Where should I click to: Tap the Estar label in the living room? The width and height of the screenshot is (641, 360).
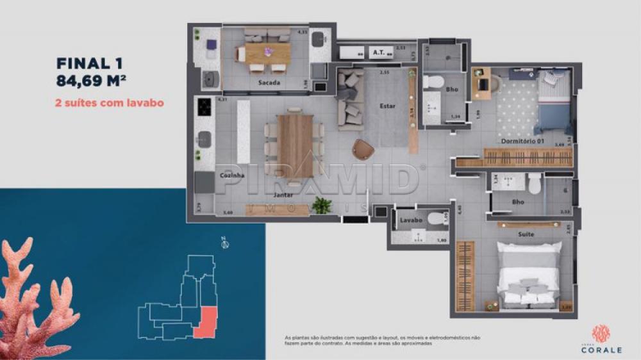tap(387, 106)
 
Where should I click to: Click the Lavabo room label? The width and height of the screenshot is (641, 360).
tap(411, 220)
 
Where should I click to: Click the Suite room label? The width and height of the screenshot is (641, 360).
tap(526, 234)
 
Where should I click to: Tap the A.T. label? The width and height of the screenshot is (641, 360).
tap(378, 53)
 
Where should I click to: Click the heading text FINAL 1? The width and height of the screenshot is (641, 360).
tap(90, 63)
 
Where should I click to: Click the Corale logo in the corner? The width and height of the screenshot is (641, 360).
tap(601, 336)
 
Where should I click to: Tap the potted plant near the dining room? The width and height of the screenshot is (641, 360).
tap(322, 205)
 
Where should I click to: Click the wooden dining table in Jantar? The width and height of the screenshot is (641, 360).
tap(295, 145)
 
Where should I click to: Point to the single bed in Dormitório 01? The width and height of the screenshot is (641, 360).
tap(552, 102)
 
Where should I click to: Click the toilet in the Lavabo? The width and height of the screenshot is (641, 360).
tap(437, 220)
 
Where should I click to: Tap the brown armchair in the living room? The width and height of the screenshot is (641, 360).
tap(363, 149)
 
